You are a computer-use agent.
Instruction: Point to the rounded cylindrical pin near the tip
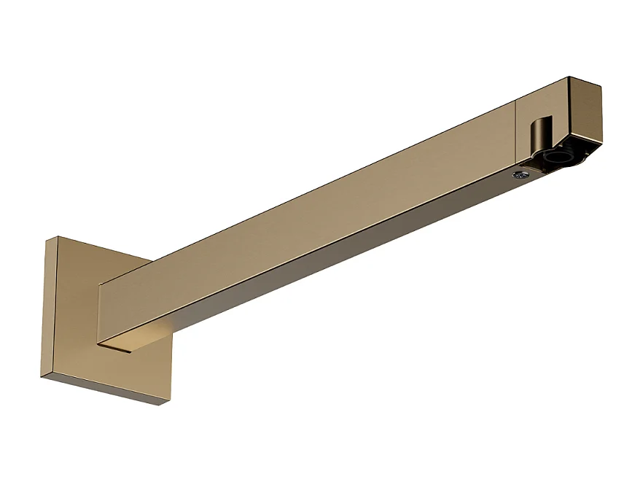pos(537,134)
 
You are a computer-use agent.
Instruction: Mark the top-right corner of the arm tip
pos(601,87)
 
